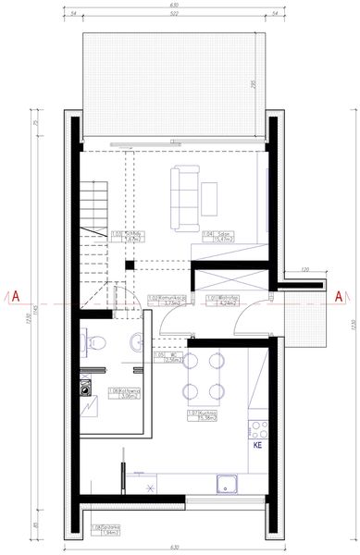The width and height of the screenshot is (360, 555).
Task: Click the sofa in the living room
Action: pyautogui.click(x=184, y=196)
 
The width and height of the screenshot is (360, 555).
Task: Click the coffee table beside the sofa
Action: pyautogui.click(x=209, y=199)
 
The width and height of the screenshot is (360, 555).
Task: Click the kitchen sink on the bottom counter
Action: pyautogui.click(x=225, y=483)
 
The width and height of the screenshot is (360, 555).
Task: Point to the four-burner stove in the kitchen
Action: pyautogui.click(x=258, y=429)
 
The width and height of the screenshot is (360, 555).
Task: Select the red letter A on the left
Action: pyautogui.click(x=15, y=297)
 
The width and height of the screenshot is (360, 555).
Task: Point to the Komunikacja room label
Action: pyautogui.click(x=165, y=300)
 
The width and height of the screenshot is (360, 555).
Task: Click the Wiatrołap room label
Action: pyautogui.click(x=225, y=300)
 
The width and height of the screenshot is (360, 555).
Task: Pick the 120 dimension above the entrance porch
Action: pyautogui.click(x=306, y=270)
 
